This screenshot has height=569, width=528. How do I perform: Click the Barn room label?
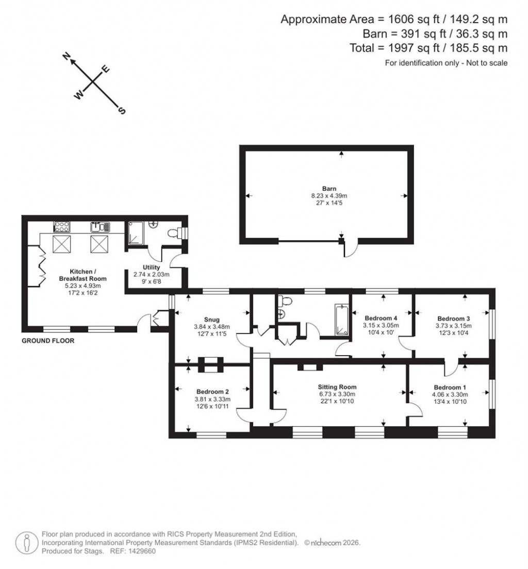click(326, 189)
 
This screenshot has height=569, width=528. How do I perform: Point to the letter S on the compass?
click(122, 110)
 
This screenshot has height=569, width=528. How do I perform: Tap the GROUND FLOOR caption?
click(48, 341)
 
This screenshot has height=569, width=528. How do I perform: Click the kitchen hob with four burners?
click(61, 226)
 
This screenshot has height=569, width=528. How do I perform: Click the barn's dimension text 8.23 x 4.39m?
click(326, 196)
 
